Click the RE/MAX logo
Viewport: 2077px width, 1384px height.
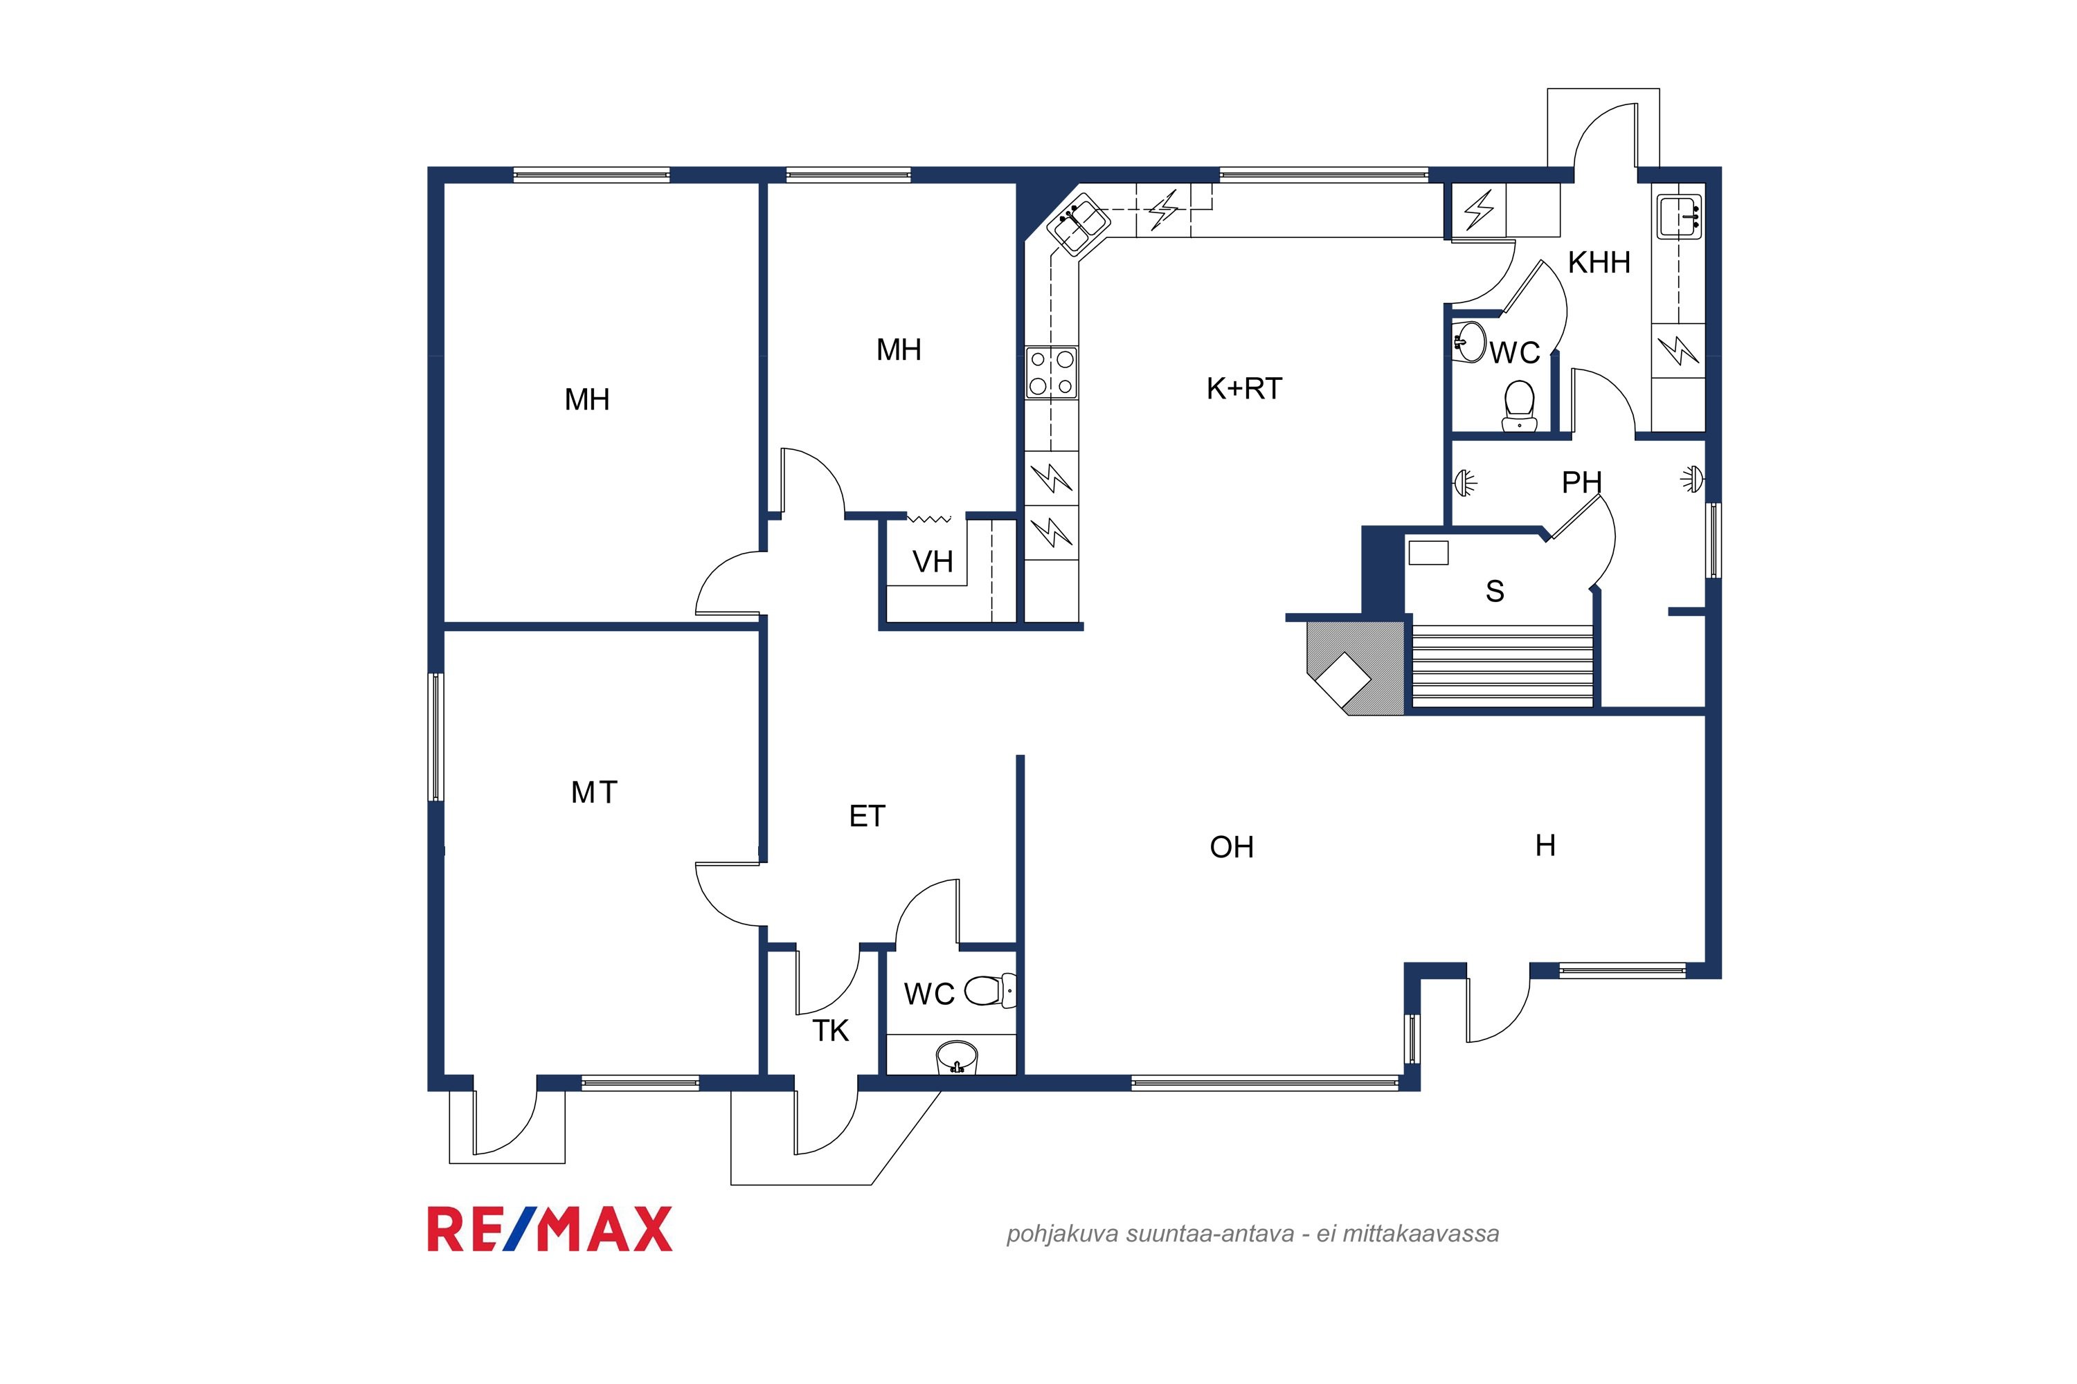click(x=549, y=1229)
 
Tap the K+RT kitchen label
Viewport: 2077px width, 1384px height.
click(x=1243, y=388)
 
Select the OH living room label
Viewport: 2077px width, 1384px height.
click(x=1231, y=847)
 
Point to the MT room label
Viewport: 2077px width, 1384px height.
click(x=593, y=792)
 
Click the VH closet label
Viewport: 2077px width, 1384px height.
click(x=933, y=561)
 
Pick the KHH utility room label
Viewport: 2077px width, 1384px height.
click(x=1599, y=262)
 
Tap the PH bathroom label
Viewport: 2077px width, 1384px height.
click(x=1581, y=482)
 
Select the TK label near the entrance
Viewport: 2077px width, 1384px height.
click(x=830, y=1030)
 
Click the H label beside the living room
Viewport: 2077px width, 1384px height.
click(x=1545, y=846)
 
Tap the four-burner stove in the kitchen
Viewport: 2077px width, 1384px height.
click(x=1051, y=372)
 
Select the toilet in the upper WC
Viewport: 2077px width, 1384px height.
click(x=1519, y=404)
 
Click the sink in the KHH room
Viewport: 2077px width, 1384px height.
click(x=1680, y=216)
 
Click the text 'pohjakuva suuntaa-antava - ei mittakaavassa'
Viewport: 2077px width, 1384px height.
click(x=1252, y=1234)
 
